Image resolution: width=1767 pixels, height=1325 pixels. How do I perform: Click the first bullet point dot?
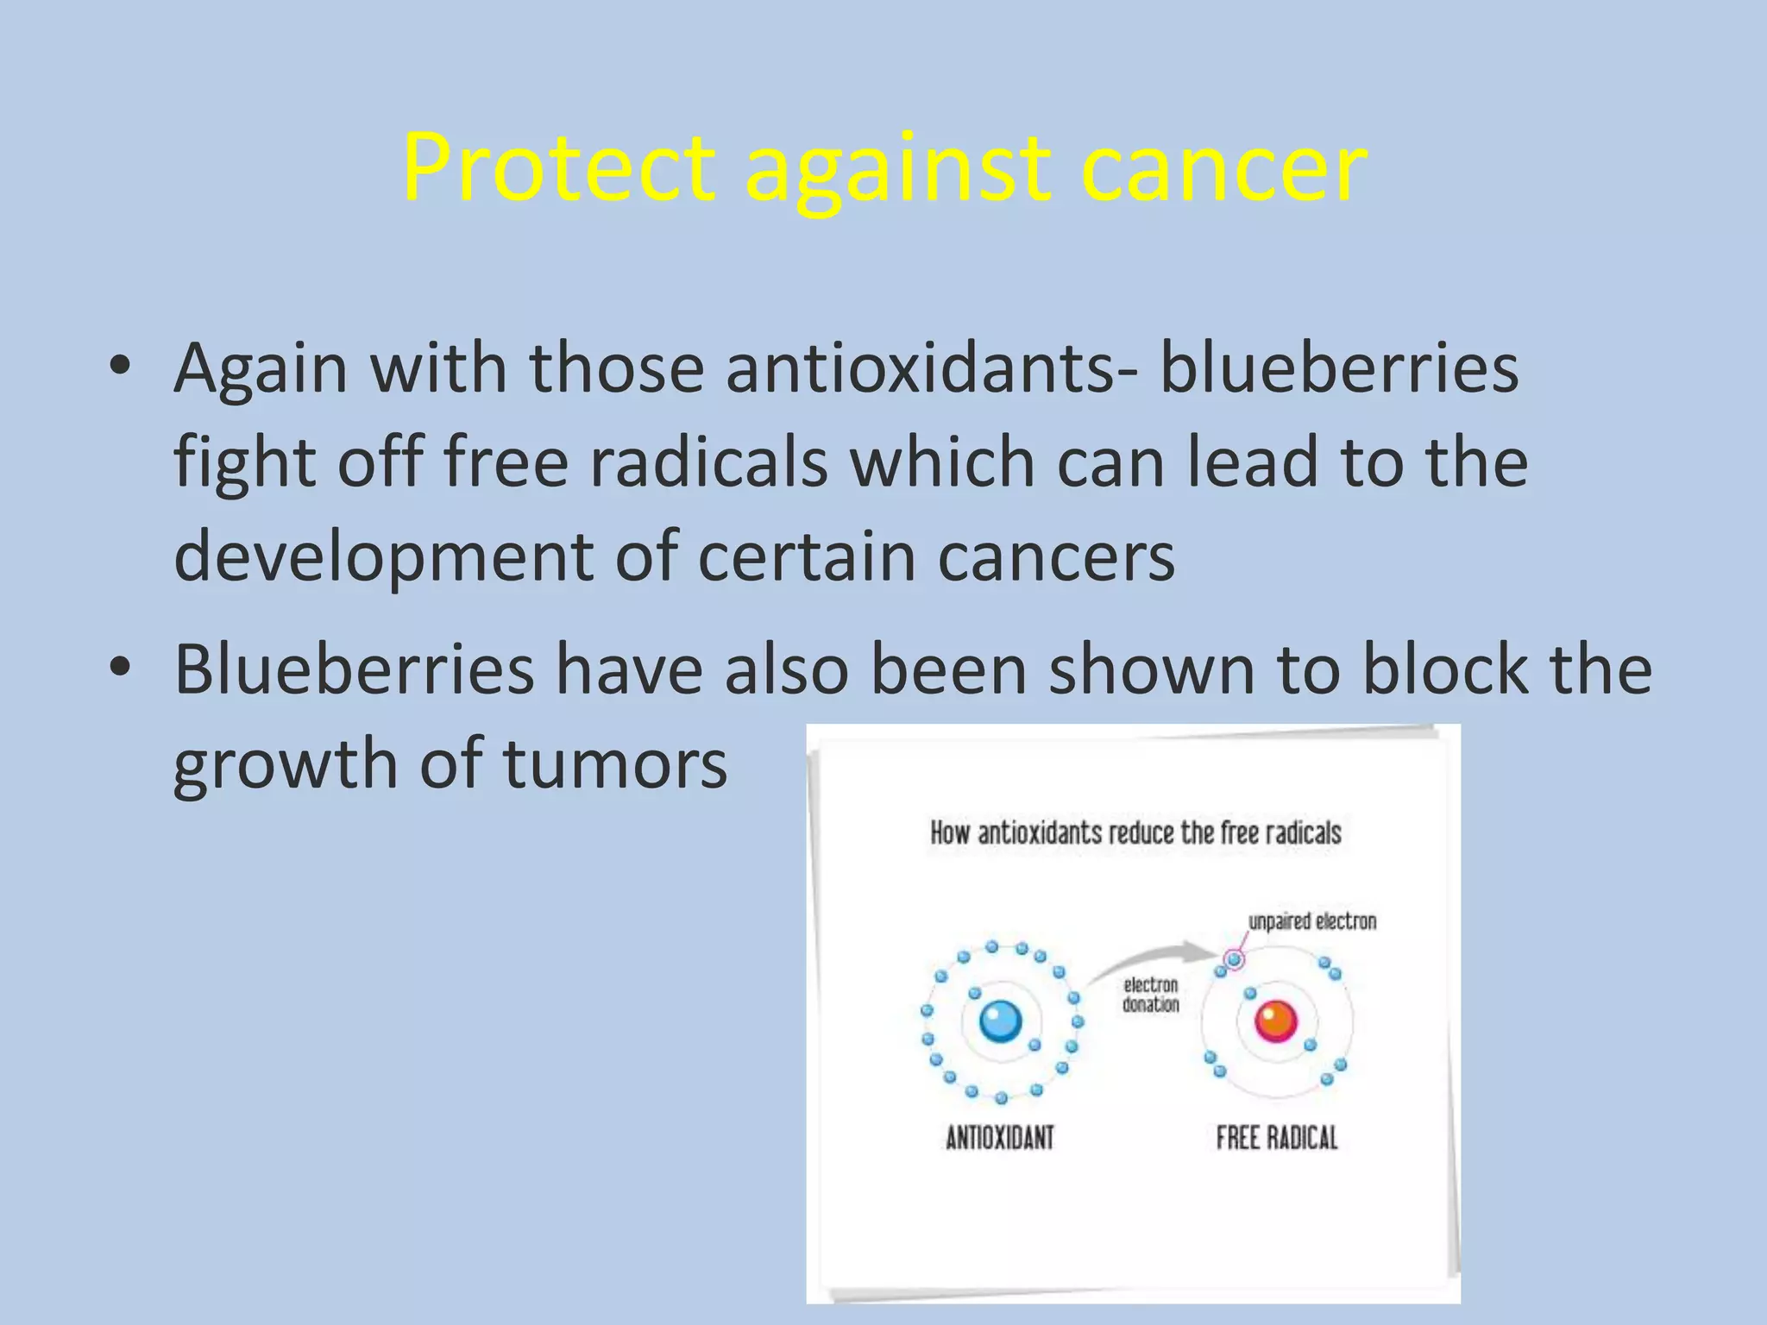[120, 367]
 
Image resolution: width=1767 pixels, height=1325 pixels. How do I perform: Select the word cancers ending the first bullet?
[1056, 557]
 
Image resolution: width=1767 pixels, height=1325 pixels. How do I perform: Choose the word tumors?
[615, 764]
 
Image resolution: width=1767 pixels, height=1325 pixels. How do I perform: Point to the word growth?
[286, 764]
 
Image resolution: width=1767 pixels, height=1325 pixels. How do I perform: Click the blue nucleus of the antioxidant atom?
[1001, 1021]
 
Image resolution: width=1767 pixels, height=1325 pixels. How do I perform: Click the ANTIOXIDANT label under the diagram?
[1000, 1138]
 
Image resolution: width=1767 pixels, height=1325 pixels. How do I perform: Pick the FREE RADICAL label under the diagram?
[1277, 1138]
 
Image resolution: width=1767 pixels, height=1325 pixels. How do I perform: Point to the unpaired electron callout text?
[1312, 922]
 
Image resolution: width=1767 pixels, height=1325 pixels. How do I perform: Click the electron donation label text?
[1150, 995]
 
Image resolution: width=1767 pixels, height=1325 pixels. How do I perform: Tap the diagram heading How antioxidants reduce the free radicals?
[1135, 833]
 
